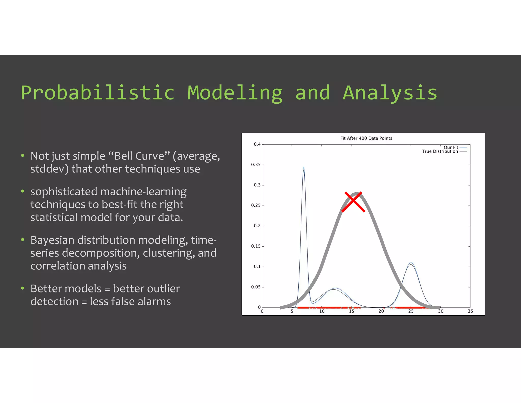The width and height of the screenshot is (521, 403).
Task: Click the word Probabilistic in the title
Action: (x=98, y=93)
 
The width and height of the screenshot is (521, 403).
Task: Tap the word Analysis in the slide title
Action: (x=390, y=93)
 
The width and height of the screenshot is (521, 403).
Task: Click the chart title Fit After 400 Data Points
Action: (x=366, y=138)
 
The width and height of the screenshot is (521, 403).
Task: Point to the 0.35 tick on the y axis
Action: (x=256, y=165)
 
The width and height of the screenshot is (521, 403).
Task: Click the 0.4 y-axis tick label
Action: (x=257, y=144)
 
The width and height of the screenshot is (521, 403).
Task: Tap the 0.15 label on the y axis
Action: (x=256, y=246)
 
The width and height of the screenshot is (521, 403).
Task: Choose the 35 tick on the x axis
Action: (x=470, y=311)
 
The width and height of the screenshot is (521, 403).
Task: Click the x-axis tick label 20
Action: (x=381, y=311)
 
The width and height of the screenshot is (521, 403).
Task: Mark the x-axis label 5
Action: (x=292, y=311)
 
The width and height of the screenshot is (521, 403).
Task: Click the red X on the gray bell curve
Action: (x=353, y=202)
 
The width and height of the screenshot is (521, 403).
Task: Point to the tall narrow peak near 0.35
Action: (x=304, y=168)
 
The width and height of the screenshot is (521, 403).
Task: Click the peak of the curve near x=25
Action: (x=411, y=263)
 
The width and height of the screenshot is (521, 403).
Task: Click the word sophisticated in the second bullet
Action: (x=64, y=192)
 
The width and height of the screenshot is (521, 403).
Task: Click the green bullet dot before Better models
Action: (x=23, y=288)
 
